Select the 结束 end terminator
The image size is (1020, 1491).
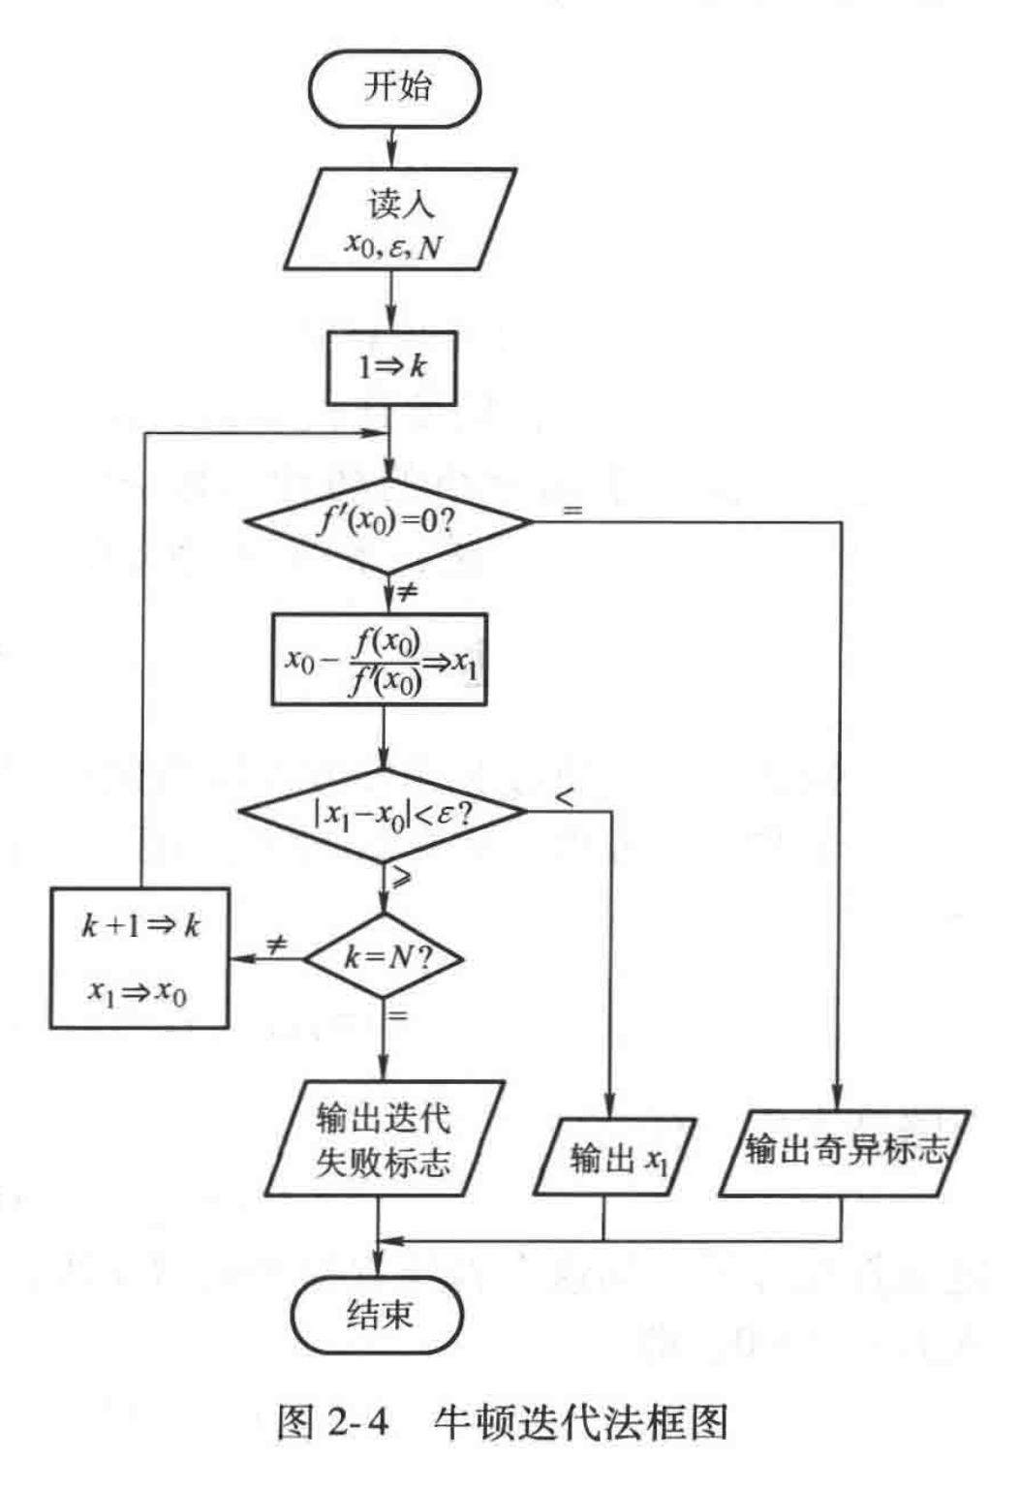click(378, 1315)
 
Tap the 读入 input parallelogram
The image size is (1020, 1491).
click(399, 221)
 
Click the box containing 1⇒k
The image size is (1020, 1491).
click(391, 367)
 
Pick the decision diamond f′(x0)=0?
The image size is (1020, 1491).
click(388, 522)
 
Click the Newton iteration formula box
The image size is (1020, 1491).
click(379, 660)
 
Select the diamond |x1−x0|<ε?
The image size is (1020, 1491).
click(384, 814)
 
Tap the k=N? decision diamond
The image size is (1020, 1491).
click(385, 957)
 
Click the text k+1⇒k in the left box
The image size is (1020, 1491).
click(140, 925)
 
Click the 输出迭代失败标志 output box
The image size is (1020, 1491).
click(385, 1139)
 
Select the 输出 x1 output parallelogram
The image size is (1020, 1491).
click(615, 1157)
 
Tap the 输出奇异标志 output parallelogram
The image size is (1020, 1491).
click(844, 1151)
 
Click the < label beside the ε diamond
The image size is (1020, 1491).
click(565, 796)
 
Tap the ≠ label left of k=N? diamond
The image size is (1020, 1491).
click(276, 944)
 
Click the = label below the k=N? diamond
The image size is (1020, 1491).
click(398, 1015)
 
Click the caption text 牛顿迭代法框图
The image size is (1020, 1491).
click(579, 1421)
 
